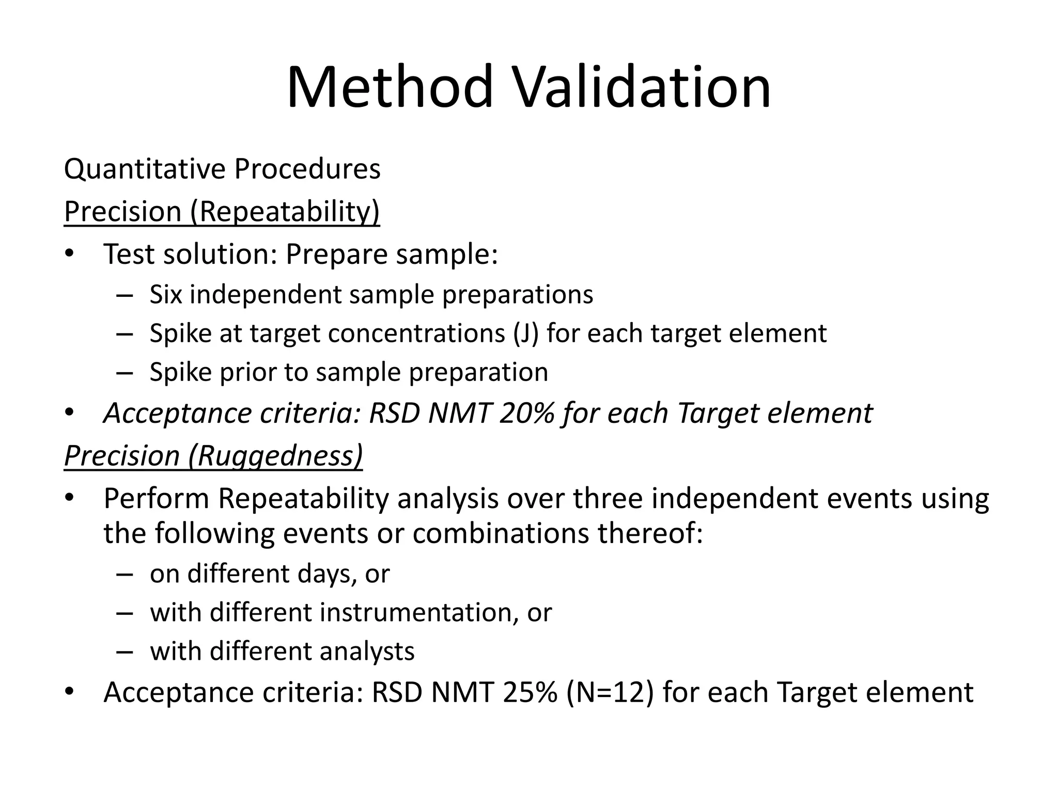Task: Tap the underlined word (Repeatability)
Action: click(x=285, y=212)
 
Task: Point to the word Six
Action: click(x=166, y=295)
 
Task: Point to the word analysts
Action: click(x=367, y=651)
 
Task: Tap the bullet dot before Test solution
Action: click(x=70, y=255)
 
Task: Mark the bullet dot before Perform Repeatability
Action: click(x=70, y=499)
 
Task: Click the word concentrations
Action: click(x=416, y=334)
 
